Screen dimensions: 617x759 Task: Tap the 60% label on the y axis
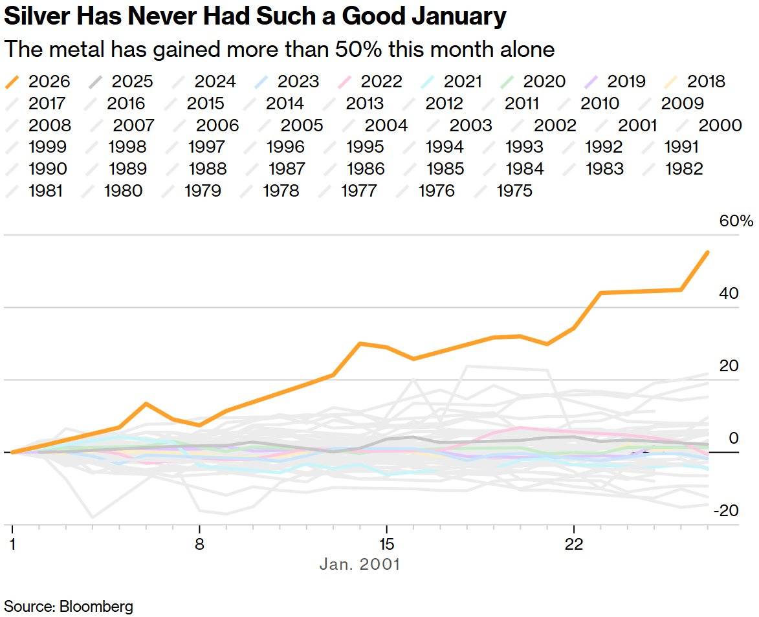click(x=736, y=221)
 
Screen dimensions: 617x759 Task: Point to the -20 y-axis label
click(x=725, y=511)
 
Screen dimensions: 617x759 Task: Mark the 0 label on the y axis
click(x=734, y=438)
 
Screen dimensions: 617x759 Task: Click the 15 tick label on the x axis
click(x=386, y=543)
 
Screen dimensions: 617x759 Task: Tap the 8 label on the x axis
click(x=199, y=543)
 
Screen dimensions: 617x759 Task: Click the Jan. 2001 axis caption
click(x=360, y=564)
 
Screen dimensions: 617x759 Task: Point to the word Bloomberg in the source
click(x=96, y=607)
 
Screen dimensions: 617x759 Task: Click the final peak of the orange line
click(x=708, y=252)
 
